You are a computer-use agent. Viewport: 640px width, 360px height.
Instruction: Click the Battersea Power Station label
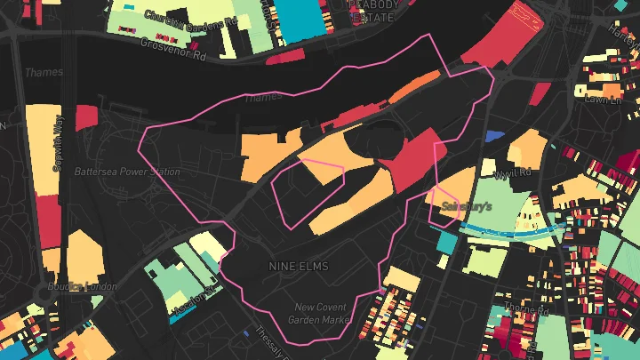(127, 172)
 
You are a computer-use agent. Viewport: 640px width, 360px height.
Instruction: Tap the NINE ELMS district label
(299, 266)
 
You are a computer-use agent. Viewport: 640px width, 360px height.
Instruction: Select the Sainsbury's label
(467, 205)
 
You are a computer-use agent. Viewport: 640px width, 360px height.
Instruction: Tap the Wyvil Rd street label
(513, 172)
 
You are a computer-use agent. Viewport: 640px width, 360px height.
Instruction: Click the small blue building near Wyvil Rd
(494, 135)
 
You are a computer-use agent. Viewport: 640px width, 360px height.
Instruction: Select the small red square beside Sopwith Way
(86, 116)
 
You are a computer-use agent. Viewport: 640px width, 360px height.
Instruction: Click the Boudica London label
(89, 286)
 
